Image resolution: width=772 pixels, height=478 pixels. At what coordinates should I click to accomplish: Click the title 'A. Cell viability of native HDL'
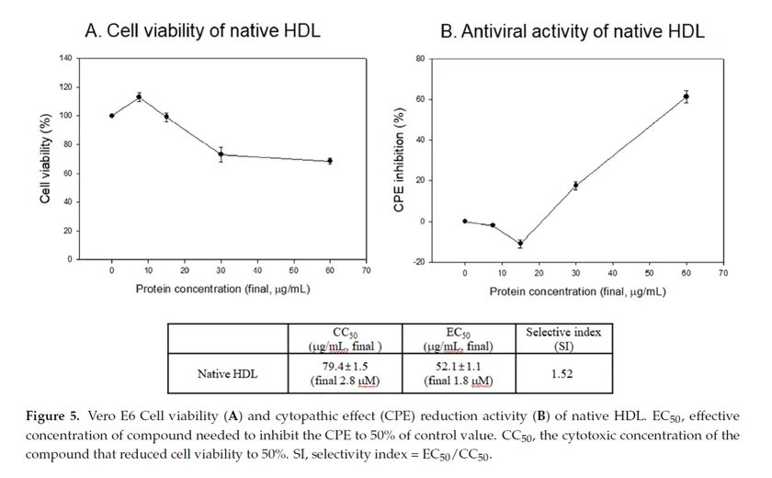click(202, 31)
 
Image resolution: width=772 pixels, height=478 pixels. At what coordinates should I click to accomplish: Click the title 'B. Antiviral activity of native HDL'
click(572, 32)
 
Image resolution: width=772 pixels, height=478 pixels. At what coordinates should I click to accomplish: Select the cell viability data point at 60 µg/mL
click(330, 161)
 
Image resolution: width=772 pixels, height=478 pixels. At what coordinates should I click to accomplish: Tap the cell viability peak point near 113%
click(139, 97)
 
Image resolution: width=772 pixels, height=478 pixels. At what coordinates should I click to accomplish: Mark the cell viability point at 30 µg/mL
click(221, 154)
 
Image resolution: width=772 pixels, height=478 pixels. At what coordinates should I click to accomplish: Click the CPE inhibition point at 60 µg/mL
click(686, 97)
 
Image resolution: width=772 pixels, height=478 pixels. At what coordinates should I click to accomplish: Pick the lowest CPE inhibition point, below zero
click(520, 244)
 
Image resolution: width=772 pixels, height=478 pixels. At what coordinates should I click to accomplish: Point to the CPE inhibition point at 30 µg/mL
click(575, 186)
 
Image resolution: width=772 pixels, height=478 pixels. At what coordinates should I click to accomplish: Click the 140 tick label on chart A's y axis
click(65, 58)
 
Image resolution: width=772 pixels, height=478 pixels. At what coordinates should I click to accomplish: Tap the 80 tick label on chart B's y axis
click(420, 58)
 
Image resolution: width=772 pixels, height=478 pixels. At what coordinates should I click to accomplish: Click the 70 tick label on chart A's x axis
click(366, 271)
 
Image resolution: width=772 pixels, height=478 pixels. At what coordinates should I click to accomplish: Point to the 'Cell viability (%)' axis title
click(45, 159)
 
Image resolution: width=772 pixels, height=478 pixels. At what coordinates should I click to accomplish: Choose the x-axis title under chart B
click(577, 291)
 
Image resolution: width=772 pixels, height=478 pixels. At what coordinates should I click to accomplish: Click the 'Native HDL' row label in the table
click(229, 374)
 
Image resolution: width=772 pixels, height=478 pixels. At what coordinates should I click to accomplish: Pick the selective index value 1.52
click(562, 374)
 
